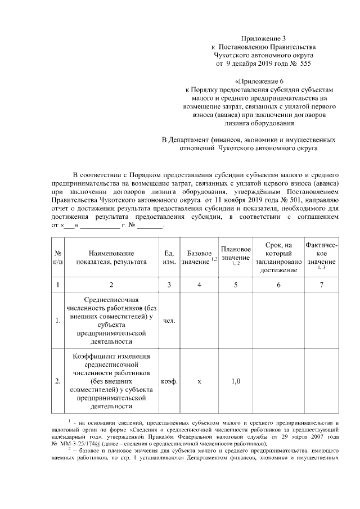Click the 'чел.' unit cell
pyautogui.click(x=169, y=321)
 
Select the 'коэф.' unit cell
pyautogui.click(x=169, y=381)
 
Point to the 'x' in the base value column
pyautogui.click(x=199, y=381)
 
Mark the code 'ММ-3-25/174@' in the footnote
pyautogui.click(x=76, y=443)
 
